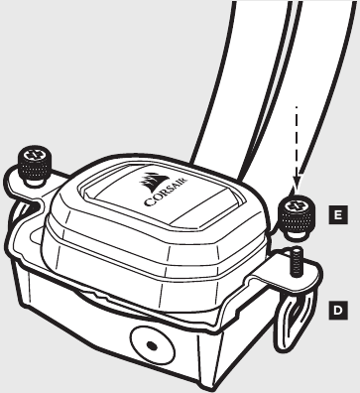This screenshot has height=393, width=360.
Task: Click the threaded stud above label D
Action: tap(296, 263)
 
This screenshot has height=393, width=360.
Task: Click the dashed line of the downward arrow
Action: tap(295, 139)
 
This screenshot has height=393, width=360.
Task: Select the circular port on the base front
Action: tap(151, 345)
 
